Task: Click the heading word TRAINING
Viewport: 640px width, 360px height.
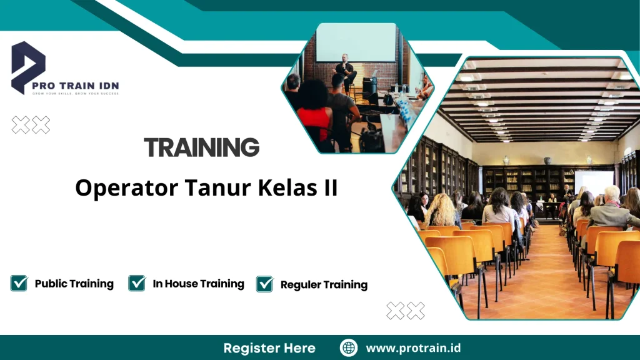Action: click(x=201, y=147)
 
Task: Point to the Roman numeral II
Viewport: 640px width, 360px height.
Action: click(x=329, y=187)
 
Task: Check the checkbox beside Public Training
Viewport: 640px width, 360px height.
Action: click(x=19, y=283)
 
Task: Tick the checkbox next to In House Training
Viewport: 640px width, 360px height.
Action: click(x=137, y=283)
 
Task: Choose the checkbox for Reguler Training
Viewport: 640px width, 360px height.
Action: click(x=265, y=284)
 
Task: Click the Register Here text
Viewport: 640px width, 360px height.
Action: click(x=269, y=348)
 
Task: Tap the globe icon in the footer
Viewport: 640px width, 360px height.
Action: click(x=349, y=348)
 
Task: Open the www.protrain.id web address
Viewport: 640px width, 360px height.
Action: click(x=413, y=348)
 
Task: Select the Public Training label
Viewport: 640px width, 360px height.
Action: click(x=74, y=284)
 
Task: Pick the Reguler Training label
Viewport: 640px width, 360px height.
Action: click(x=324, y=285)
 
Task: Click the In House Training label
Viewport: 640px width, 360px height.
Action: click(x=198, y=284)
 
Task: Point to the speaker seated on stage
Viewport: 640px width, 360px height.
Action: click(x=344, y=67)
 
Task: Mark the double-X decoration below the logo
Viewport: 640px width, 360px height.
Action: click(x=31, y=125)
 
